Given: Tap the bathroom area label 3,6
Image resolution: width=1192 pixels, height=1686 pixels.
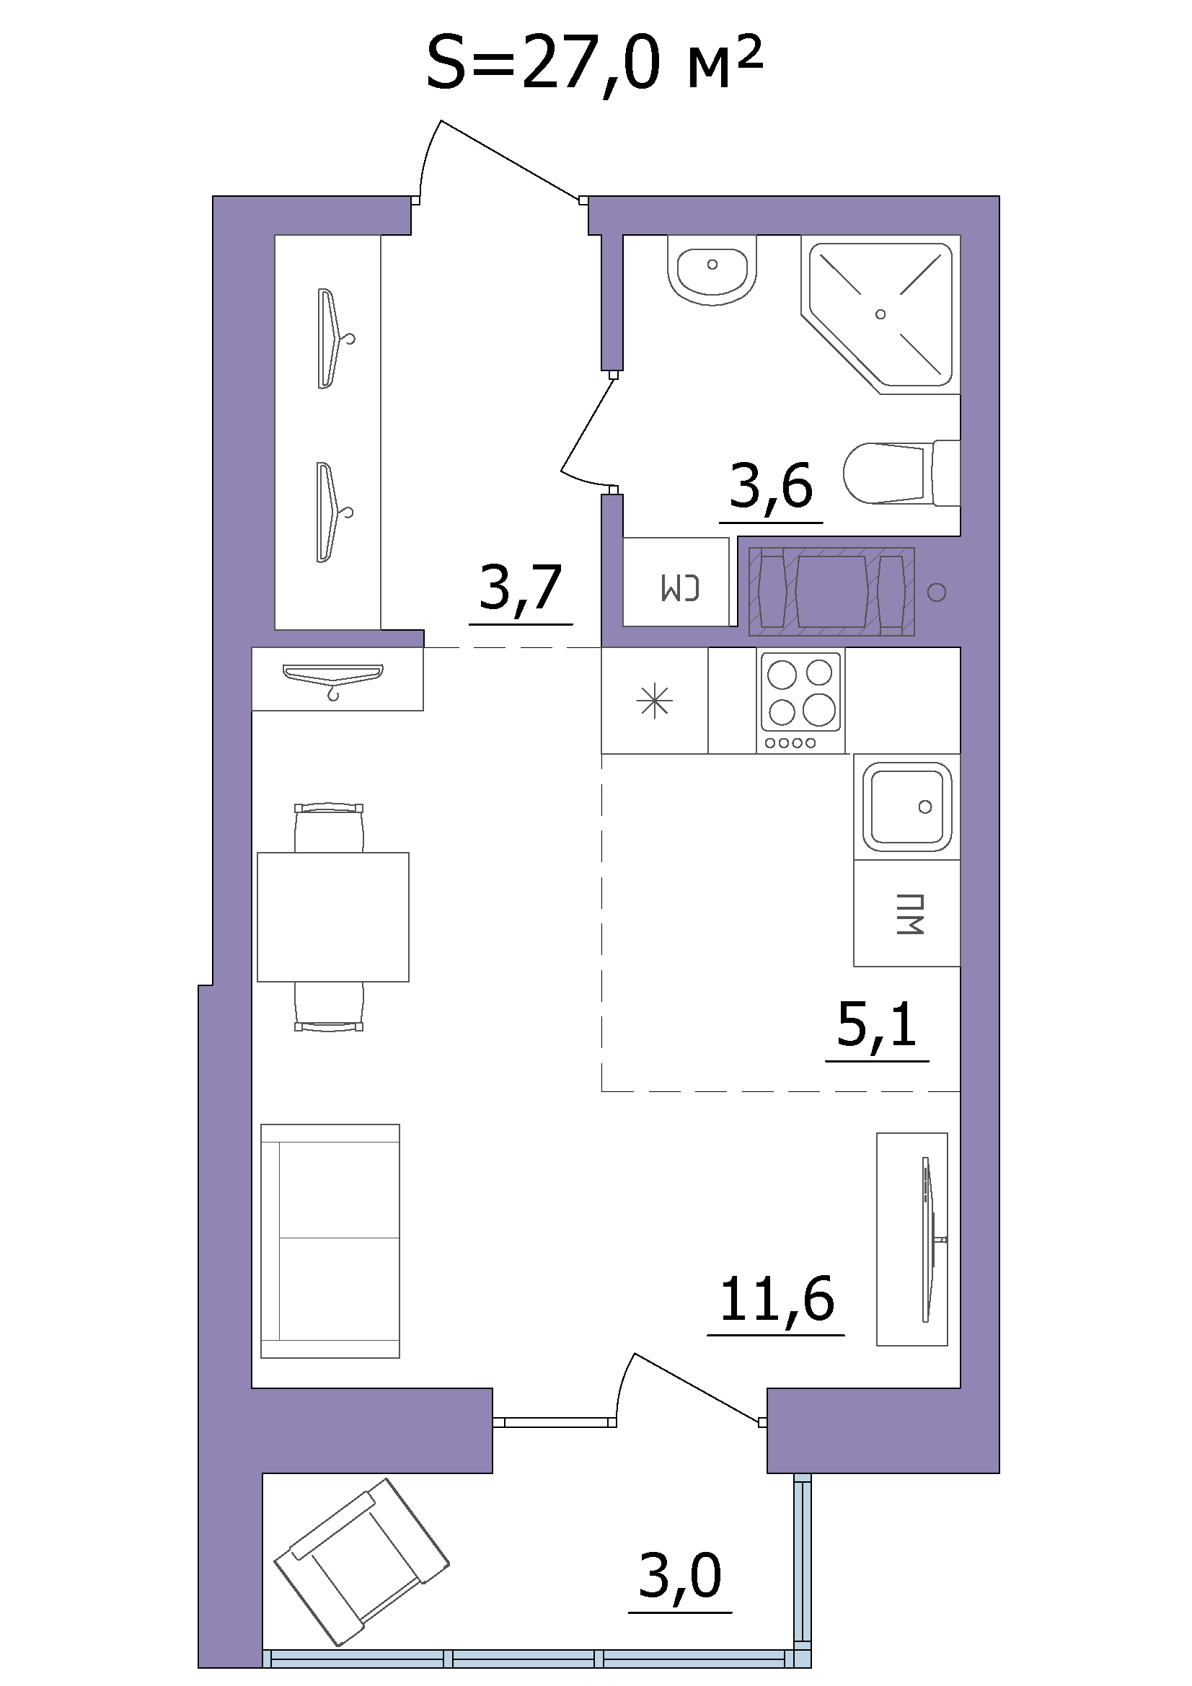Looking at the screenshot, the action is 771,485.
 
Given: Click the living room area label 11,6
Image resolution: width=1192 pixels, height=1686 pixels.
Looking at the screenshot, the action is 777,1299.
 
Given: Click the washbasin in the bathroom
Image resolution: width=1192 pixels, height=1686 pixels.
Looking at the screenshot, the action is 712,270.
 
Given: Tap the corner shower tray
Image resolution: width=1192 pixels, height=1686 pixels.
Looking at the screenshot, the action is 880,314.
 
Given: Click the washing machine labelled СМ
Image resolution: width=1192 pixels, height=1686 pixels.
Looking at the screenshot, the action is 676,582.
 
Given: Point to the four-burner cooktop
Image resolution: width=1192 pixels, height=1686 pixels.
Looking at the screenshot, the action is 800,701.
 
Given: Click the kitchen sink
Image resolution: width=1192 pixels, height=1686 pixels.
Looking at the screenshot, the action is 907,807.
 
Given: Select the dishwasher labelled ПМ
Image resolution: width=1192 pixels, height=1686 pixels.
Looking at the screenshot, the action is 907,913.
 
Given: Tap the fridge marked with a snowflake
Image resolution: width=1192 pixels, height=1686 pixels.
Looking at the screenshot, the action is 654,701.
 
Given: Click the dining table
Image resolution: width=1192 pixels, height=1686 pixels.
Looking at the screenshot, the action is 332,917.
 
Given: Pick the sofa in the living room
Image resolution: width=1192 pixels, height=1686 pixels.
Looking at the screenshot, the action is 330,1241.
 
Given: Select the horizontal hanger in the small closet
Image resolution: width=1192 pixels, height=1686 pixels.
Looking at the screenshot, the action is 333,678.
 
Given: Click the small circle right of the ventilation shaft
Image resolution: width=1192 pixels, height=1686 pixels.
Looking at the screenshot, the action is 937,592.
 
